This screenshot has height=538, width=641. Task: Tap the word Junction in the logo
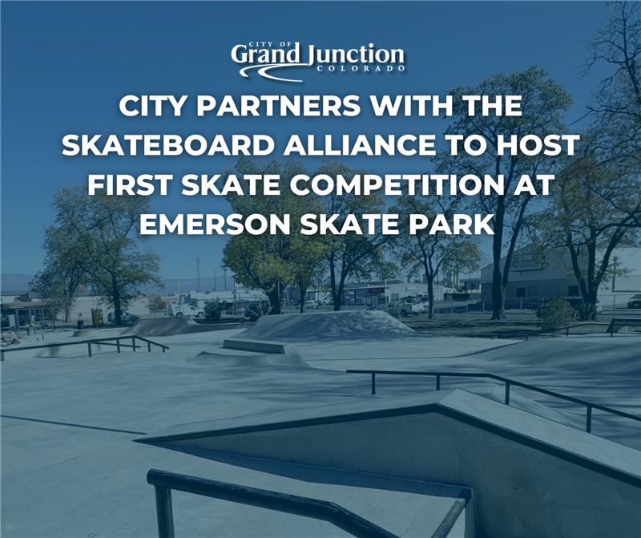(355, 55)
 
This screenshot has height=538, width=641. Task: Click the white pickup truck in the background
(406, 305)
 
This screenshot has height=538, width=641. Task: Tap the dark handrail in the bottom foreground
(304, 497)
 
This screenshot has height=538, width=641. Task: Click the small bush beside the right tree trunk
(556, 313)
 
